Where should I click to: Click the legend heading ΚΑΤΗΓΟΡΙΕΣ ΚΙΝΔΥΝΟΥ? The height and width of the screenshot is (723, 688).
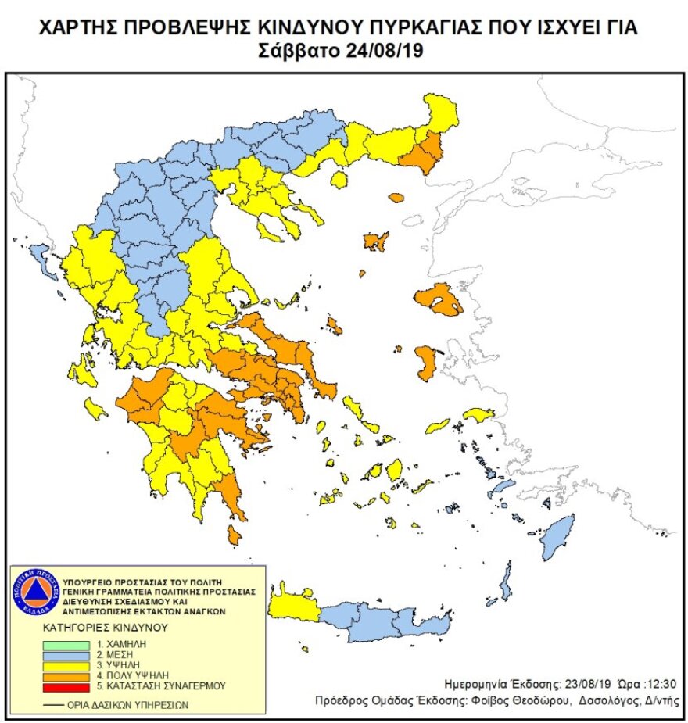pyautogui.click(x=106, y=627)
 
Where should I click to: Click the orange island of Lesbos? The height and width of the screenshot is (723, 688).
pyautogui.click(x=438, y=299)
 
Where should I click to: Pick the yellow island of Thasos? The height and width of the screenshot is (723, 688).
pyautogui.click(x=339, y=180)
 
